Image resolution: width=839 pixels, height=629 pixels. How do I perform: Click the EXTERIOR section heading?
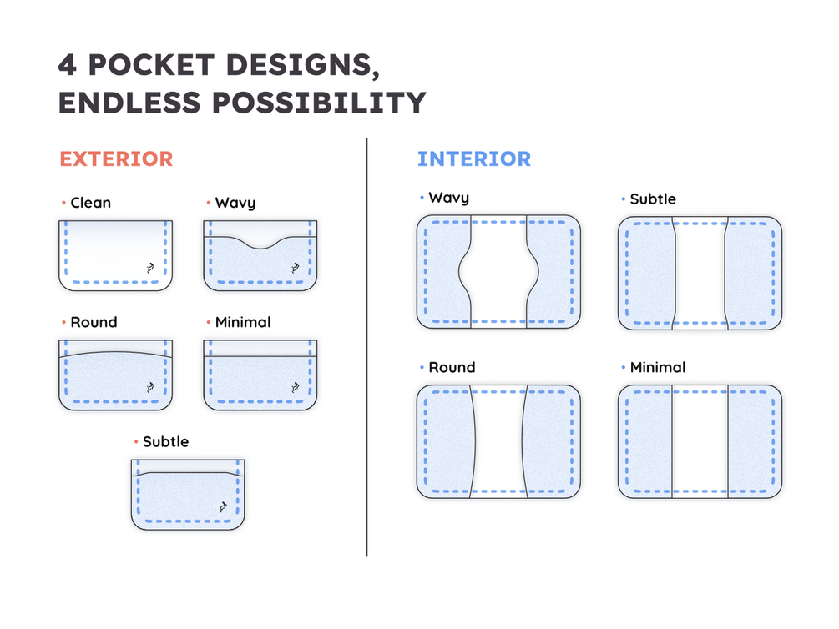click(116, 159)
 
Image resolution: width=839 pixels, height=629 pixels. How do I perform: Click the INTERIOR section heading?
click(474, 159)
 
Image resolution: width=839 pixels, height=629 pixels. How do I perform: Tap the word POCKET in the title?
click(151, 65)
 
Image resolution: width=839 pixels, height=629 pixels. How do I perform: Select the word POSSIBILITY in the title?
click(320, 103)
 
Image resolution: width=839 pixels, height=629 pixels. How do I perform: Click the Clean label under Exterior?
click(90, 203)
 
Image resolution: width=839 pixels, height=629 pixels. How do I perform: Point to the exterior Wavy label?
click(235, 204)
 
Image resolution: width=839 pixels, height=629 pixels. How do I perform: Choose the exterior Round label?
click(94, 322)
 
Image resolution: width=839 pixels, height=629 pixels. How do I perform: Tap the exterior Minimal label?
click(243, 322)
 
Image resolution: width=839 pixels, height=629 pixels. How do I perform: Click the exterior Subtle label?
click(166, 442)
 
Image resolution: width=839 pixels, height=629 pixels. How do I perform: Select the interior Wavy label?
click(449, 198)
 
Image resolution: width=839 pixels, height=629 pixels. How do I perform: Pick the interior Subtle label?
click(653, 199)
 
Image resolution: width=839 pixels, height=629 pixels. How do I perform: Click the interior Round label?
click(452, 367)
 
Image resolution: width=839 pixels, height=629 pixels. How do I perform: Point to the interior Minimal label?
click(658, 367)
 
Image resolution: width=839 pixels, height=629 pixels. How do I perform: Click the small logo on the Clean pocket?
click(150, 268)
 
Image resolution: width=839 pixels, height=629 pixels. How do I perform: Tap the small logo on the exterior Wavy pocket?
click(295, 268)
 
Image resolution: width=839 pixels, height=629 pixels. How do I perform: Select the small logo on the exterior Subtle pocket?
click(223, 506)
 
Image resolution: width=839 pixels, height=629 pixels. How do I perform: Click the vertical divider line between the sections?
click(367, 347)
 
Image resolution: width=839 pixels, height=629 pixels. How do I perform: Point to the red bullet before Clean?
click(63, 203)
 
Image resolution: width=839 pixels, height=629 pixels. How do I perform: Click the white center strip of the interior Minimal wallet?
click(700, 442)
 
